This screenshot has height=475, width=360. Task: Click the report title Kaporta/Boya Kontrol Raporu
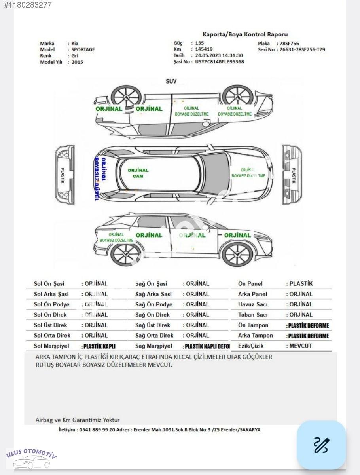point(245,35)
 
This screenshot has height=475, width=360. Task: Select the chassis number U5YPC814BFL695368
point(219,62)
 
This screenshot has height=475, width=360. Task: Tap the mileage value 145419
point(204,49)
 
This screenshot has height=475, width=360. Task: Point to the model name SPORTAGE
point(83,50)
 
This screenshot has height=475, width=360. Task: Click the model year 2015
point(78,62)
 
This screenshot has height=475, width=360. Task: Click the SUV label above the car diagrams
point(171,82)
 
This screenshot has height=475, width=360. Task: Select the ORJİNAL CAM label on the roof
point(138,173)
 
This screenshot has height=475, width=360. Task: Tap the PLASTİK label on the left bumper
point(63,174)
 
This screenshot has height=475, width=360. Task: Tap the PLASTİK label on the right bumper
point(293,175)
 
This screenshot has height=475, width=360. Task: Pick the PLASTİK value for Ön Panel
point(301,284)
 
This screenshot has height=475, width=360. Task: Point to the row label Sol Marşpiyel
point(51,346)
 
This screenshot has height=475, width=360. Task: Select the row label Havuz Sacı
point(253,304)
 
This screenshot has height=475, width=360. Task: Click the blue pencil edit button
point(321,445)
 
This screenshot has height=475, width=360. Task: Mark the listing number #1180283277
point(27,6)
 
